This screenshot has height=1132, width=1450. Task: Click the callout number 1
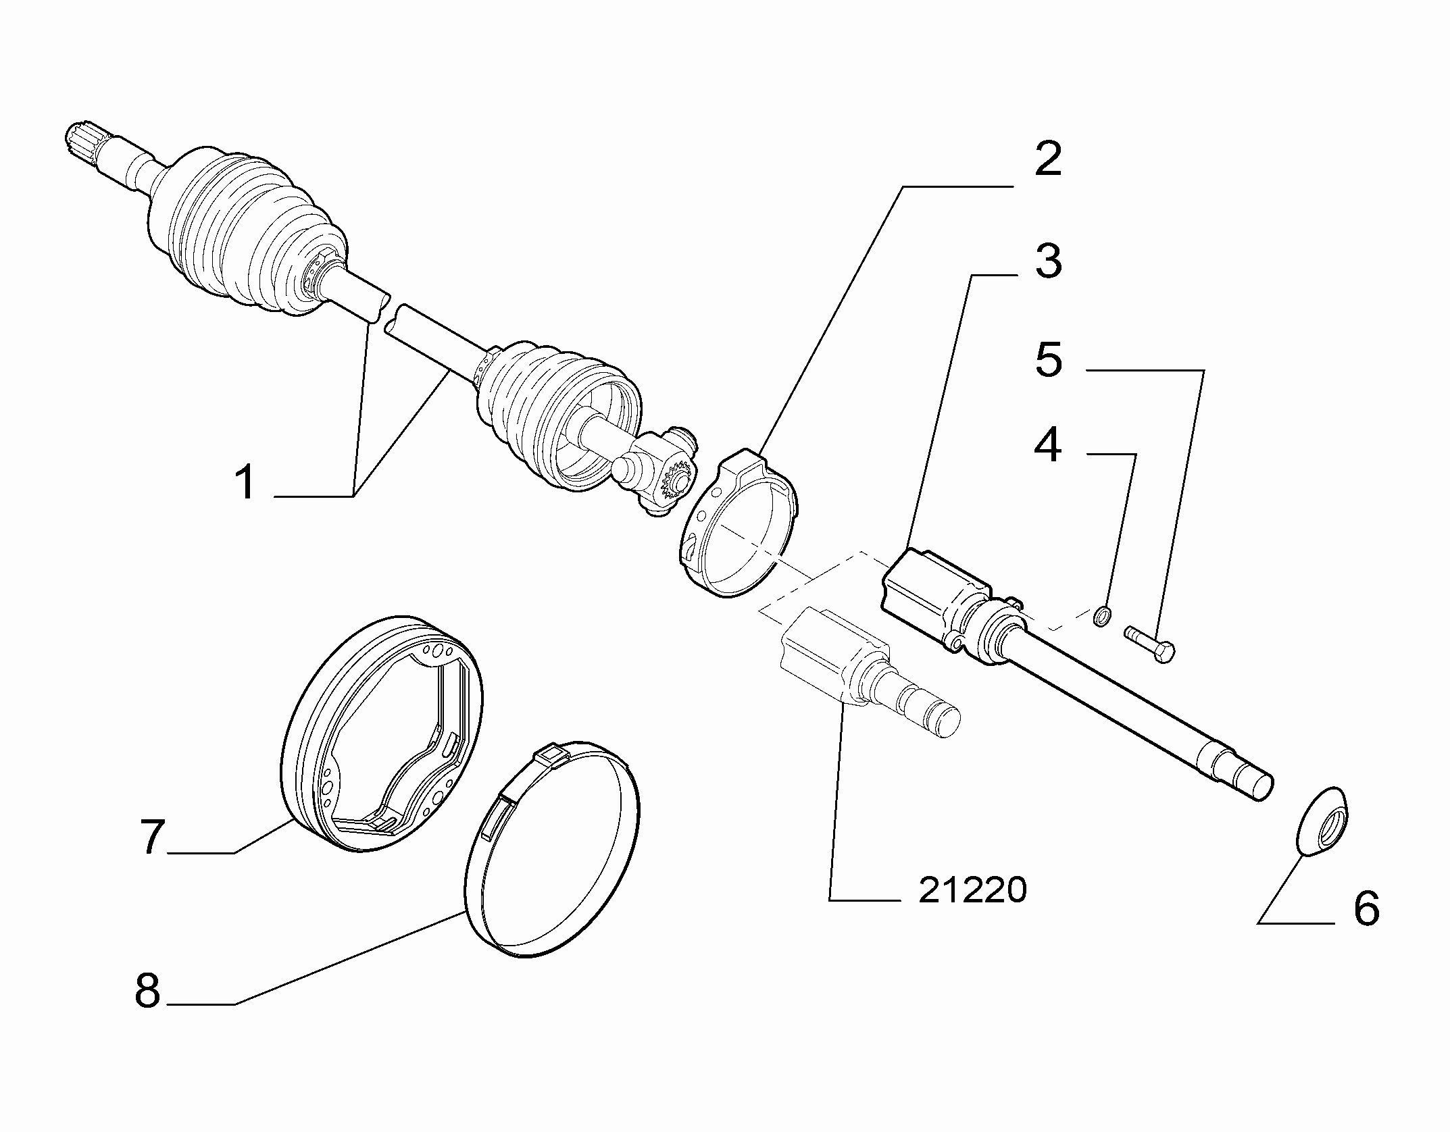coord(246,482)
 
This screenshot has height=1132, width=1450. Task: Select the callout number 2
coord(1047,159)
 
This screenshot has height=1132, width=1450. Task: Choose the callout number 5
coord(1048,359)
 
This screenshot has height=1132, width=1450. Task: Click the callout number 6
coord(1366,908)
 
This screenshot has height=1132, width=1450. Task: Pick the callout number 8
coord(147,991)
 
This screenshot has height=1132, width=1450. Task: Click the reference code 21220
coord(972,891)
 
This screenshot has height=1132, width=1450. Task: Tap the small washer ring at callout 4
coord(1102,616)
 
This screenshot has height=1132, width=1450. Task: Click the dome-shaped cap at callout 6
coord(1322,821)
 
